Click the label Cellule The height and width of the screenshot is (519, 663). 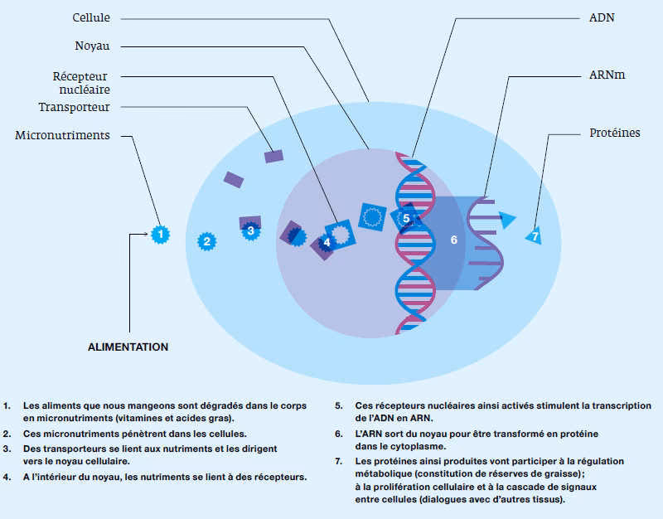91,17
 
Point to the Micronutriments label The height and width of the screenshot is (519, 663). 63,135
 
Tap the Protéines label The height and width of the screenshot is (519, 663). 614,133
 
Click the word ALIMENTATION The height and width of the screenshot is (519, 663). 128,347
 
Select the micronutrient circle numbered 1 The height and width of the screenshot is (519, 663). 160,235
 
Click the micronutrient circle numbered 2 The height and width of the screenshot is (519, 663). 206,241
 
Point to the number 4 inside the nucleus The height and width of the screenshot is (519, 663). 327,242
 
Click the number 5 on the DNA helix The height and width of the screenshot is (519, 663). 406,218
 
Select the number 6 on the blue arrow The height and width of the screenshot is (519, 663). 453,240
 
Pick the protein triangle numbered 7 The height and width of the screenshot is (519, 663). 535,236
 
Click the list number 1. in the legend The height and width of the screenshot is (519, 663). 7,406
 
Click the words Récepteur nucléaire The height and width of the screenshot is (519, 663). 80,82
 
